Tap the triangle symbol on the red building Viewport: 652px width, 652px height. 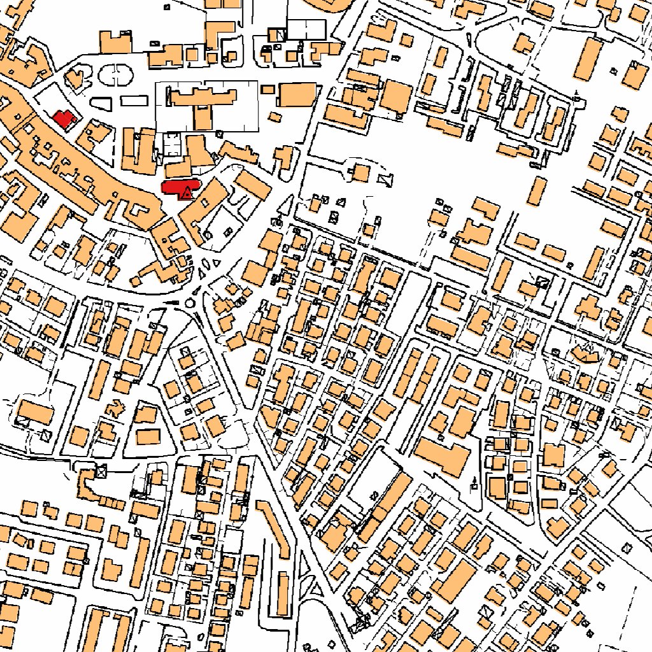186,193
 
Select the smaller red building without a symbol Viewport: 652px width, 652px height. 64,118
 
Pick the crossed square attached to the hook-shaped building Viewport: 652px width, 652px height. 101,472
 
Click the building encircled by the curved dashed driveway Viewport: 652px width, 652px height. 361,173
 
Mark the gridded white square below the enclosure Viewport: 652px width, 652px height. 171,145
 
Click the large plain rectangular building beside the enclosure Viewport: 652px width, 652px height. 297,95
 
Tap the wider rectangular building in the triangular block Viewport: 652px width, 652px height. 148,436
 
